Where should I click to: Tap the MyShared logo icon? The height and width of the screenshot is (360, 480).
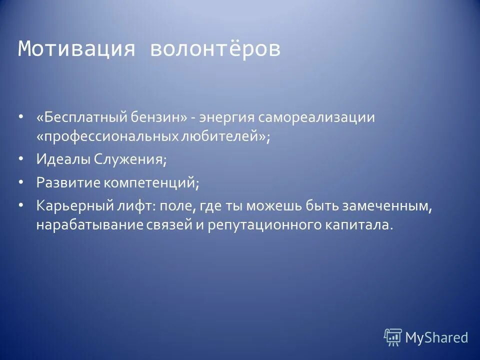click(393, 337)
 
